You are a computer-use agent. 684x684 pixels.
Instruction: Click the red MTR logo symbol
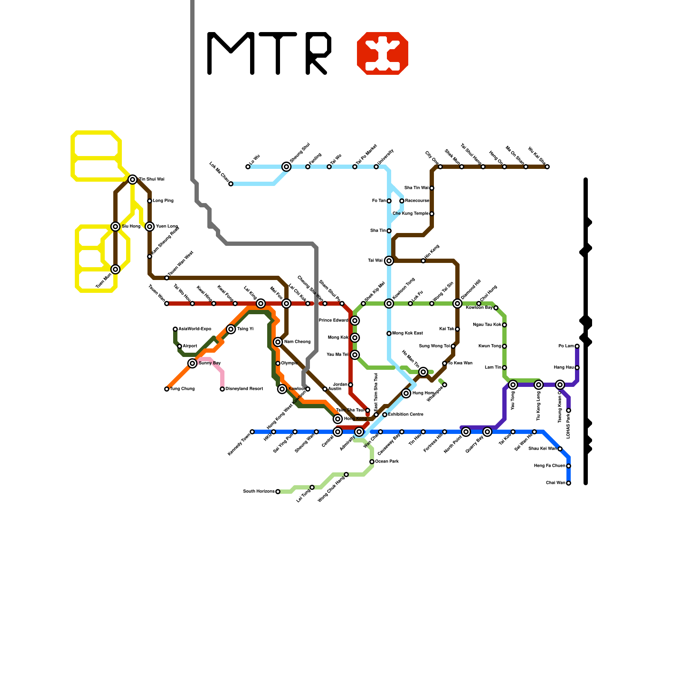click(x=383, y=53)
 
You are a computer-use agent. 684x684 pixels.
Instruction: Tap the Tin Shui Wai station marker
click(x=133, y=180)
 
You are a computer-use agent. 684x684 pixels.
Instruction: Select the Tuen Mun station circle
click(x=115, y=269)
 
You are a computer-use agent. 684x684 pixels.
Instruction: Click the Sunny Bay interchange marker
click(x=192, y=363)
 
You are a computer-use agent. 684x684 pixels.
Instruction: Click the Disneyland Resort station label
click(x=244, y=389)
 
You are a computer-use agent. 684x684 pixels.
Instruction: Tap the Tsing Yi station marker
click(x=231, y=329)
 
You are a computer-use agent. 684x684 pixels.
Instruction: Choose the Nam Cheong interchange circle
click(x=278, y=342)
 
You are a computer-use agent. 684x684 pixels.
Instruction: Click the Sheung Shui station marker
click(x=286, y=167)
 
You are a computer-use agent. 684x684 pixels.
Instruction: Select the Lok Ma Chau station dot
click(x=231, y=184)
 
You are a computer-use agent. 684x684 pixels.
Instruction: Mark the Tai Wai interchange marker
click(x=389, y=261)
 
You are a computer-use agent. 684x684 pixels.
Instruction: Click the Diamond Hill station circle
click(x=457, y=304)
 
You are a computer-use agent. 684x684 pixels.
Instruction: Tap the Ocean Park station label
click(x=387, y=462)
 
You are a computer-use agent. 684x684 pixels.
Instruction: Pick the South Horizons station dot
click(x=278, y=492)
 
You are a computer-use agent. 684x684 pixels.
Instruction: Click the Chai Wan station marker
click(x=569, y=483)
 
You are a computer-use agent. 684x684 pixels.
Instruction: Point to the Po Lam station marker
click(x=577, y=346)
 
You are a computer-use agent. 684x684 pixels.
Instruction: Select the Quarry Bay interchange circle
click(x=487, y=432)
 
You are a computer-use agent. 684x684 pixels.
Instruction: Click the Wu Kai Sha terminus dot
click(x=547, y=167)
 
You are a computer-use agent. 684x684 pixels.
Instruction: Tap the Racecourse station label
click(x=417, y=201)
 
